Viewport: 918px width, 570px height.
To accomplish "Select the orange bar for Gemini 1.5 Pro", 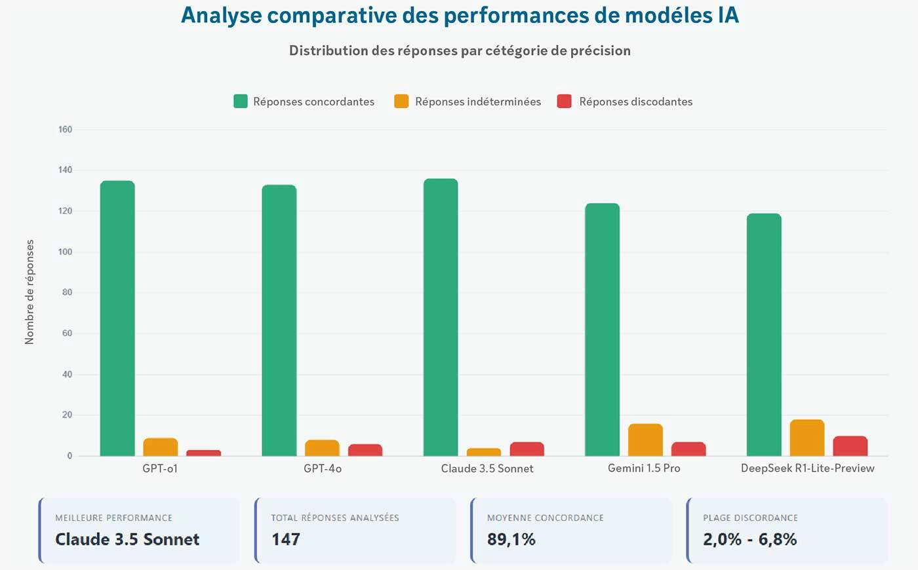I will click(x=645, y=440).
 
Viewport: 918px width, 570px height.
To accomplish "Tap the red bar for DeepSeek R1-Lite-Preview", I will click(x=850, y=446).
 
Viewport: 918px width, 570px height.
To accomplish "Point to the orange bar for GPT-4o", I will click(x=322, y=448).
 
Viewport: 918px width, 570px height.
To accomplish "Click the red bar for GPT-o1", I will click(x=203, y=453).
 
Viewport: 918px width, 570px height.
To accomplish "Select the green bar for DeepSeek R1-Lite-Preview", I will click(x=764, y=334).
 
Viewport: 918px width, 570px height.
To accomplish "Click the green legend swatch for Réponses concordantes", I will click(x=241, y=102).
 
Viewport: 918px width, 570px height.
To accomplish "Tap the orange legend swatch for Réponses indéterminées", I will click(x=401, y=102).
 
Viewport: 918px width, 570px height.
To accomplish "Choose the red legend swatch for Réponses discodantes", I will click(x=564, y=102).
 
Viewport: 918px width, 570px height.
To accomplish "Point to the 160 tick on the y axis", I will click(x=65, y=129).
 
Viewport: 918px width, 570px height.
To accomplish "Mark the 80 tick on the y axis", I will click(x=67, y=292).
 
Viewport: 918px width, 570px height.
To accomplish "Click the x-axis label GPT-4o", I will click(x=323, y=468).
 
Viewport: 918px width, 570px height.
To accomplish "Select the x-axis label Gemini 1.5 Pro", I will click(x=644, y=468).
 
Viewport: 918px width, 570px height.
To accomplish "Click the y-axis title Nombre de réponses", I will click(x=30, y=292).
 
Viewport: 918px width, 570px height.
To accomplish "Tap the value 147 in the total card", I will click(x=286, y=539).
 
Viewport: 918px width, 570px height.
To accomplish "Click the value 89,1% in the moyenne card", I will click(x=511, y=539).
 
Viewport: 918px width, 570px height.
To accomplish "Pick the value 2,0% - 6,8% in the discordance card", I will click(x=749, y=539).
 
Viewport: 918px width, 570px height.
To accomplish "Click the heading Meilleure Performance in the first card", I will click(x=113, y=518).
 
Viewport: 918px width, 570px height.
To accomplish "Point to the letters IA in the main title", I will click(x=728, y=15).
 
